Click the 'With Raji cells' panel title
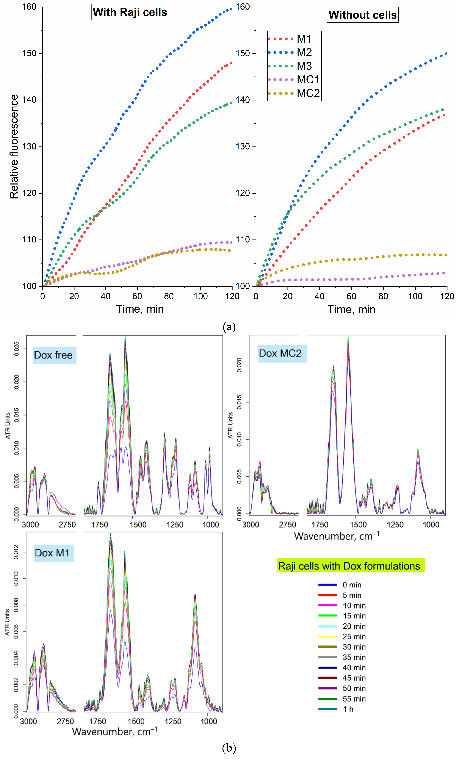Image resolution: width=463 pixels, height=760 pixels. click(130, 12)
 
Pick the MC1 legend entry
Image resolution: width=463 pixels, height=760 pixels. click(308, 80)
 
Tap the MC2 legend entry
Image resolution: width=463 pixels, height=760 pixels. click(308, 93)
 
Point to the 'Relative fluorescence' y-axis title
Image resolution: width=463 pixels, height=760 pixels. click(14, 146)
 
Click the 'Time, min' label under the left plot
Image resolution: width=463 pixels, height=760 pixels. click(140, 309)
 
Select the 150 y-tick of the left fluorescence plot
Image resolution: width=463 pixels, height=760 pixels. click(29, 53)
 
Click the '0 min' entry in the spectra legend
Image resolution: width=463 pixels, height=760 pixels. click(352, 585)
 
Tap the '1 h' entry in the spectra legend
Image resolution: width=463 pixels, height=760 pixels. click(348, 709)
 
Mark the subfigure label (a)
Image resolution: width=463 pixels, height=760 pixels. click(229, 327)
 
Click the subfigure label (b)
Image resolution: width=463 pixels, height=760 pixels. click(229, 748)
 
